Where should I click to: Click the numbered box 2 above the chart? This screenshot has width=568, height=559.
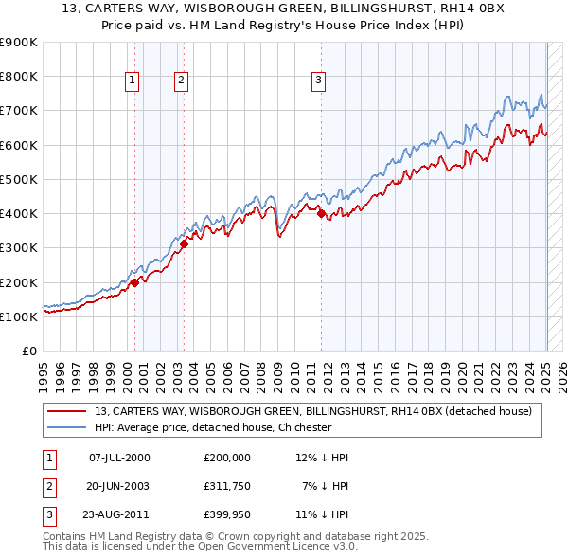180,81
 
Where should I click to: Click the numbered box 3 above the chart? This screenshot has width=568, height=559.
319,81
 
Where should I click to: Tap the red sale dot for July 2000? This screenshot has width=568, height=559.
134,281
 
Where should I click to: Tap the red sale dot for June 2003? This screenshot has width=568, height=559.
184,243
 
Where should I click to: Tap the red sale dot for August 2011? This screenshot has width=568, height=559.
321,213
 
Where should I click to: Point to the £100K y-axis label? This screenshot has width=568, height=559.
20,316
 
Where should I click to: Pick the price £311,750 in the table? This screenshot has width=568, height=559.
227,485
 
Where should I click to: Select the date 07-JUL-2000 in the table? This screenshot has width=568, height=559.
119,458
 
